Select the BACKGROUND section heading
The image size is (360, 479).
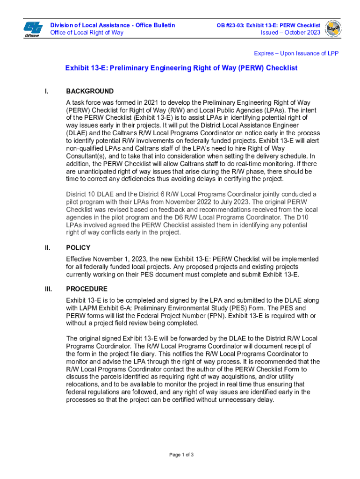click(90, 91)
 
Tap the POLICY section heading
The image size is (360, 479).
click(78, 248)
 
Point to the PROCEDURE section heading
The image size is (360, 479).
click(86, 289)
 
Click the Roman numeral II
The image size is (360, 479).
click(48, 248)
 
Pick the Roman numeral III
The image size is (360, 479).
click(48, 289)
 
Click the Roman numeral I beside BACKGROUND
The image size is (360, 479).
click(46, 91)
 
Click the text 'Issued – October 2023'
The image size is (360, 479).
click(290, 32)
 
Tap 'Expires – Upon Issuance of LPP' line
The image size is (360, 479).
click(296, 53)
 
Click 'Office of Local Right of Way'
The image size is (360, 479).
click(87, 32)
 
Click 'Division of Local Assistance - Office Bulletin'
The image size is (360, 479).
click(113, 25)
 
